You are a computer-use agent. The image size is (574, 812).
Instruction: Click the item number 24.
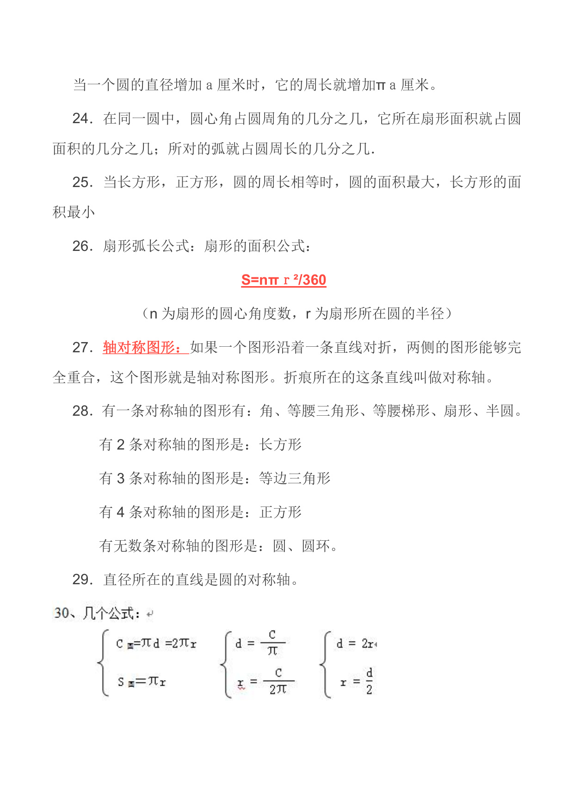tap(82, 119)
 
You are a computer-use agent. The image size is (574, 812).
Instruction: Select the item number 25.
tap(82, 182)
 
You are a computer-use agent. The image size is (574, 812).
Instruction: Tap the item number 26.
tap(82, 246)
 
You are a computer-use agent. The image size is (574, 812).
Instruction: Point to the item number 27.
tap(82, 348)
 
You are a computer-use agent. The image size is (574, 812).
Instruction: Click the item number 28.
tap(82, 411)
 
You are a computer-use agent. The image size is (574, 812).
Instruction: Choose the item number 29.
tap(82, 580)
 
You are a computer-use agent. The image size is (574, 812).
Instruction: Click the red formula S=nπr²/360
tap(284, 280)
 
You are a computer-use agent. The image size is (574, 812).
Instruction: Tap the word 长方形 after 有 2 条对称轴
tap(280, 445)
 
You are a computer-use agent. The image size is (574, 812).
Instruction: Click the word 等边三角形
tap(295, 479)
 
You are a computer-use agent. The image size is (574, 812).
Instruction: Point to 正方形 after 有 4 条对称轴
tap(280, 512)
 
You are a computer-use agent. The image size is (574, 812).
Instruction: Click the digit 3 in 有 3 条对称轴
tap(121, 479)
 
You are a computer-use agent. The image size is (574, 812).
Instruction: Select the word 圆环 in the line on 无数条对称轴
tap(315, 546)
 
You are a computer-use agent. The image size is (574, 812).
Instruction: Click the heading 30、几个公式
tap(97, 614)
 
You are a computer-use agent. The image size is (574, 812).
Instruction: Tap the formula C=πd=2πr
tap(156, 643)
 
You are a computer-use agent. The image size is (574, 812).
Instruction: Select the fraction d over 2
tap(369, 681)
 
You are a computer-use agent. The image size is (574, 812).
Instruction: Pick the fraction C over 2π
tap(278, 681)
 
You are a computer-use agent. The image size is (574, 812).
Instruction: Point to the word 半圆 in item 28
tap(500, 411)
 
